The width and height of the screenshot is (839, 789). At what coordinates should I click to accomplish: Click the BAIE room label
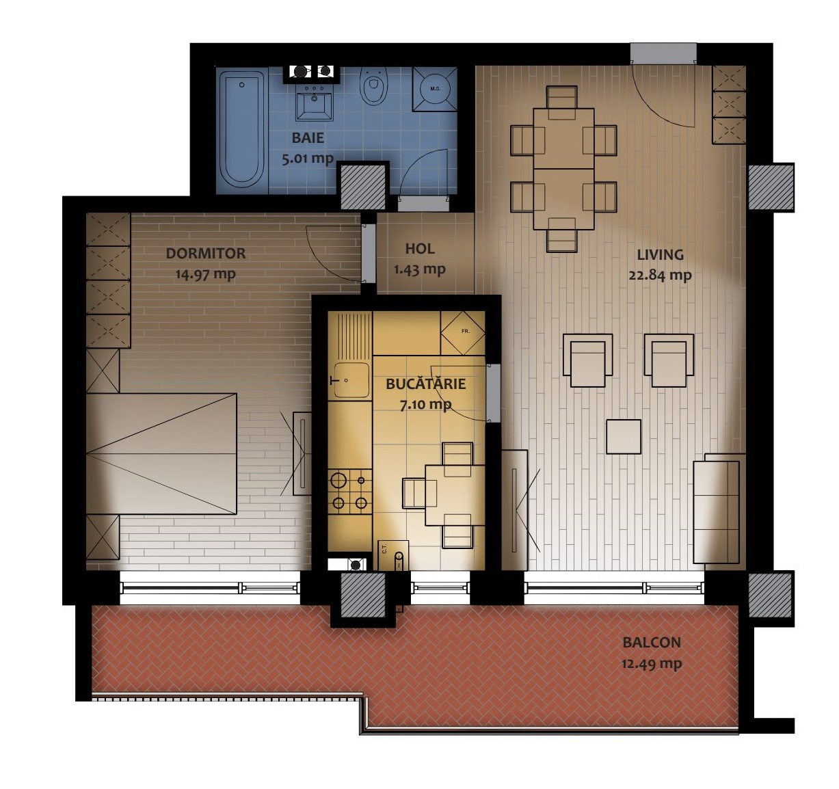(308, 138)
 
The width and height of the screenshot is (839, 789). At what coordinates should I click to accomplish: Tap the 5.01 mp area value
(308, 159)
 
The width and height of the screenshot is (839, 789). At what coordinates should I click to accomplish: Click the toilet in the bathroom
(373, 86)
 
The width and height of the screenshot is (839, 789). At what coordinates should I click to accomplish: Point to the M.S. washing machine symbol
(435, 89)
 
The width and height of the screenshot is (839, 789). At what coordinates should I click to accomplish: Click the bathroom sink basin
(315, 103)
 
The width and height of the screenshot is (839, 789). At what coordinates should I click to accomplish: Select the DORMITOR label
(205, 253)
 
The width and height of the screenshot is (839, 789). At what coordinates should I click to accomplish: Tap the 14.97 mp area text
(205, 274)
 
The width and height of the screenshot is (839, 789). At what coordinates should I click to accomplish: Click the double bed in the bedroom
(161, 454)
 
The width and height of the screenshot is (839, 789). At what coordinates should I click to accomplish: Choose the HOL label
(420, 248)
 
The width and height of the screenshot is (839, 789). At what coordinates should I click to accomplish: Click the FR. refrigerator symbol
(463, 333)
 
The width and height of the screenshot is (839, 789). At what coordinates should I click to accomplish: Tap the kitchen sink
(351, 380)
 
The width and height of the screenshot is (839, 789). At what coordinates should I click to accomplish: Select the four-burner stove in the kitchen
(350, 492)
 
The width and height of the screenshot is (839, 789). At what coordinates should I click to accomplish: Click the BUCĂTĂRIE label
(426, 384)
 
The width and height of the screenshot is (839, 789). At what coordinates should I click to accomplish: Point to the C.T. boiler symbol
(393, 555)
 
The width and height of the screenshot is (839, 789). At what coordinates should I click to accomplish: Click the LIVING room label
(661, 255)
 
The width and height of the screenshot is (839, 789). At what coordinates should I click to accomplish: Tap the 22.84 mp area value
(661, 275)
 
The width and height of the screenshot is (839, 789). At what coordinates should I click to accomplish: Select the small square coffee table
(624, 437)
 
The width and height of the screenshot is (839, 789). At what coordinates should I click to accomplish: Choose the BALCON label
(652, 643)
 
